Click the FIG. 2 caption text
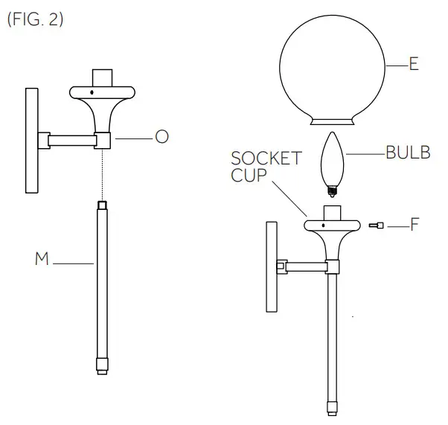(x=35, y=20)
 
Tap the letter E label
(x=414, y=65)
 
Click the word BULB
(x=408, y=153)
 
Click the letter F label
(x=415, y=224)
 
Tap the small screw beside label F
(x=376, y=224)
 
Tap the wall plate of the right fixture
(x=271, y=265)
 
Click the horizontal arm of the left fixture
(x=71, y=139)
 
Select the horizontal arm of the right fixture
(x=305, y=265)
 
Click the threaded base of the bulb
(x=332, y=191)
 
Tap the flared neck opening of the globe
(x=333, y=121)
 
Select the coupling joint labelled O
(x=103, y=139)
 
